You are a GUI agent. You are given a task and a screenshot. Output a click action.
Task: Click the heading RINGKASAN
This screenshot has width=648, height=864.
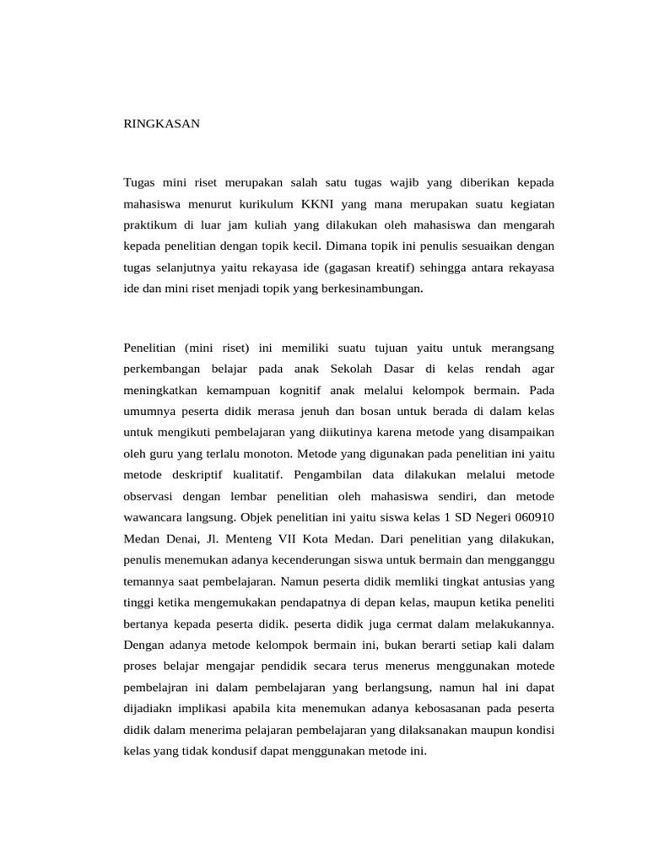click(x=162, y=123)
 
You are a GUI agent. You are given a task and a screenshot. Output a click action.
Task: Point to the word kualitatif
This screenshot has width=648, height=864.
click(x=254, y=474)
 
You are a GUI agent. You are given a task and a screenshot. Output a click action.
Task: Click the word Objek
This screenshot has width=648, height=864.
click(x=257, y=516)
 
